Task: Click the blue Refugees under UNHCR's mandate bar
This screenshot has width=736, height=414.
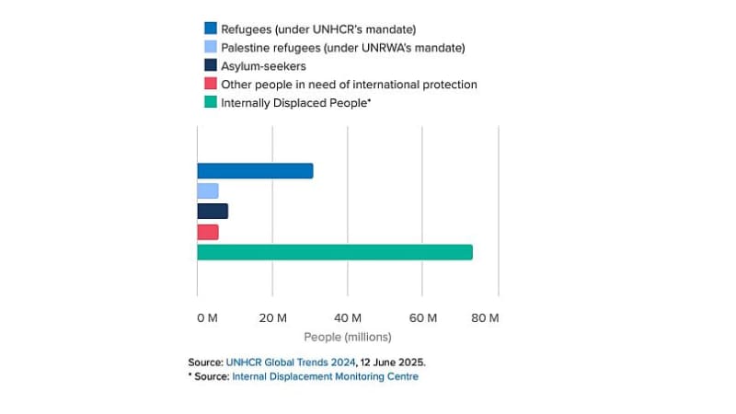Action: point(255,171)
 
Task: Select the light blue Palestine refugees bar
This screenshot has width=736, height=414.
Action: point(208,190)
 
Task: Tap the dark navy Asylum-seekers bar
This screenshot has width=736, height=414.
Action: point(213,211)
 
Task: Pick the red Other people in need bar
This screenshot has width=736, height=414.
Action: point(208,232)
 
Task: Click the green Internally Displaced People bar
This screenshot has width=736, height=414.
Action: point(335,252)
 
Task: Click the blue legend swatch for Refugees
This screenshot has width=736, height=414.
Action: point(211,29)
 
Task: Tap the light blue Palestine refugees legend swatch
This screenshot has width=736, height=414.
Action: point(211,48)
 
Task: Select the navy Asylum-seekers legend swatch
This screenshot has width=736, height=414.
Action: point(211,66)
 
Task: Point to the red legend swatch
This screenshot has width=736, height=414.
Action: point(211,85)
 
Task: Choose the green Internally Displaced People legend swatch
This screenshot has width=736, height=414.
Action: point(211,103)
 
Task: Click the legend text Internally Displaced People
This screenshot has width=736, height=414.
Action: point(295,103)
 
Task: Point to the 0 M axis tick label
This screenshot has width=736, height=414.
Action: point(207,318)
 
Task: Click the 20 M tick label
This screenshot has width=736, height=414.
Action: point(273,318)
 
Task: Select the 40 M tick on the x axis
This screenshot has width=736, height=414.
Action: point(348,318)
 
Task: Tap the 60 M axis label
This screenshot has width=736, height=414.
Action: point(423,318)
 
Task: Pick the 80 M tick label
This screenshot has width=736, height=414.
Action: point(485,318)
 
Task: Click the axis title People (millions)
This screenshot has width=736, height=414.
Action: point(348,337)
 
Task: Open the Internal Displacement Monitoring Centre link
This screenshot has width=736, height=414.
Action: point(326,376)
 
